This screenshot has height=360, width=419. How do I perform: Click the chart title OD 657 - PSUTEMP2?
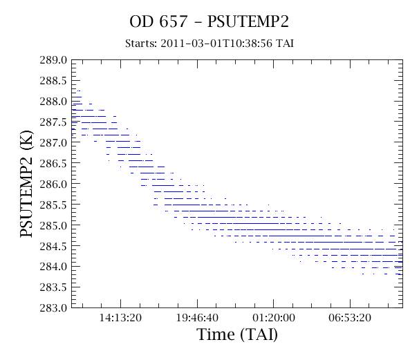pos(209,21)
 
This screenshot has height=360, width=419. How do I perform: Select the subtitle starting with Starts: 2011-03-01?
pos(209,44)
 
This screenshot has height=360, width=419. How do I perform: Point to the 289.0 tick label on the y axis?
pos(53,60)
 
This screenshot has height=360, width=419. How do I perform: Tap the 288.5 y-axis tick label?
pos(53,81)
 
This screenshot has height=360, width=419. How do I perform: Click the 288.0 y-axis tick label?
pos(53,102)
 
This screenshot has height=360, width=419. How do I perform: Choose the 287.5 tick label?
pos(53,122)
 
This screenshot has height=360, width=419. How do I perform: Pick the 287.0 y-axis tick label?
pos(53,142)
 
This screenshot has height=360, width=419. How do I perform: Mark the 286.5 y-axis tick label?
pos(53,163)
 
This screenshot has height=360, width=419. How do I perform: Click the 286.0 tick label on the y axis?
pos(53,184)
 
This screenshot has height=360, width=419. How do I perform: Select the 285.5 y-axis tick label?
pos(53,205)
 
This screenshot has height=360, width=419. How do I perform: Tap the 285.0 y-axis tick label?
pos(53,225)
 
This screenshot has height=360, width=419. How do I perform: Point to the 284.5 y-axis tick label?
pos(53,246)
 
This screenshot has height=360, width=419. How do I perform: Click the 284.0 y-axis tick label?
pos(53,267)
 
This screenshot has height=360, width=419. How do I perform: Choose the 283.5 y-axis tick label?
pos(53,287)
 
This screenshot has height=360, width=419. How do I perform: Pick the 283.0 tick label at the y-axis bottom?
pos(53,307)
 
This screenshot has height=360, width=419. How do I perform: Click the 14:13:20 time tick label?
pos(120,318)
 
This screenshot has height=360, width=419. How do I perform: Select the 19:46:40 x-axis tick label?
pos(197,318)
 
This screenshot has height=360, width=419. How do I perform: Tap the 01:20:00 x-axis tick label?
pos(274,318)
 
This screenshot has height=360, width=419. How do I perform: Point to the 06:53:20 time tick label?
pos(350,318)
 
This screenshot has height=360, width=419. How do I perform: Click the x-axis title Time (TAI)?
pos(237,334)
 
